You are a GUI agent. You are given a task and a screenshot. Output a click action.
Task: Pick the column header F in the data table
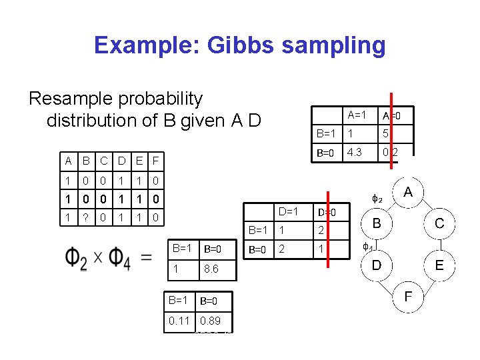(155, 161)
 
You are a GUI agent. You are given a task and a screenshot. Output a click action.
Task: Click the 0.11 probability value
(179, 321)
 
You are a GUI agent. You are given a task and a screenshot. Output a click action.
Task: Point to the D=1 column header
(289, 212)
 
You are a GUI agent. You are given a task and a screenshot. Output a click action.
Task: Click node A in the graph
(408, 193)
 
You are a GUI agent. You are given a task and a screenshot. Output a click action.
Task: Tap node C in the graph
(439, 223)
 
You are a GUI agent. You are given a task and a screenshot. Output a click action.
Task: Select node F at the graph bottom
(408, 297)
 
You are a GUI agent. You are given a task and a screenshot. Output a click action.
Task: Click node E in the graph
(439, 265)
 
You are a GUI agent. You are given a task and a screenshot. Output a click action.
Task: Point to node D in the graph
(377, 265)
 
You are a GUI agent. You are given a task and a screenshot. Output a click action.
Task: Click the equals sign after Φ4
(146, 259)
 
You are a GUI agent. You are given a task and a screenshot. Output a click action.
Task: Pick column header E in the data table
(138, 161)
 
